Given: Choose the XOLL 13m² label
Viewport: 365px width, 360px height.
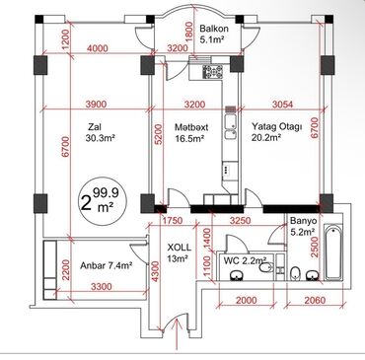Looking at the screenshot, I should [x=179, y=252].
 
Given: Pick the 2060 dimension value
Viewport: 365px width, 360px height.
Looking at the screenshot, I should [x=316, y=299].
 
